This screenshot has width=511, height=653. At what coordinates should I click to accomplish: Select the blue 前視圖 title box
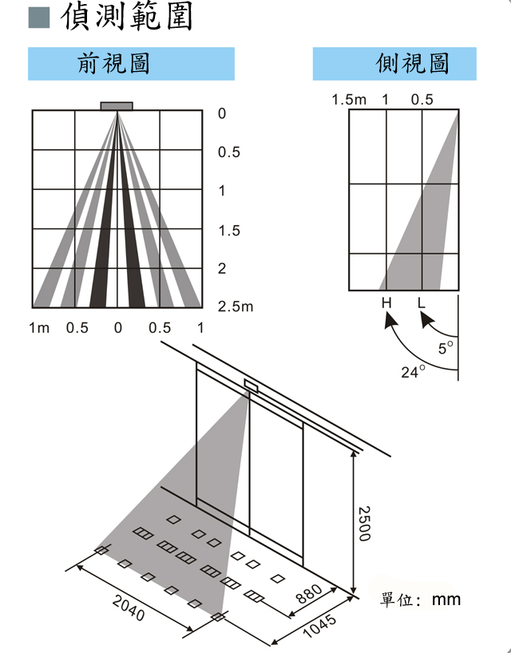pyautogui.click(x=131, y=64)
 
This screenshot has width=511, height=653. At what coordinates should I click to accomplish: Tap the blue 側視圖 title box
pyautogui.click(x=394, y=64)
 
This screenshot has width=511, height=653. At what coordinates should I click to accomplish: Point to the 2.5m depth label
pyautogui.click(x=236, y=307)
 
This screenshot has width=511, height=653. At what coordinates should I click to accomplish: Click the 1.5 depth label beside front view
pyautogui.click(x=229, y=231)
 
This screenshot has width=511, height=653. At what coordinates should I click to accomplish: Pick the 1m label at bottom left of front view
pyautogui.click(x=39, y=328)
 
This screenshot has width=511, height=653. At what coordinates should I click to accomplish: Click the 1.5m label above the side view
pyautogui.click(x=349, y=100)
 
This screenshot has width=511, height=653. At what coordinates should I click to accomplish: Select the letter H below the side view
pyautogui.click(x=386, y=303)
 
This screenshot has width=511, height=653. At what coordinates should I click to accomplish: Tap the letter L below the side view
pyautogui.click(x=421, y=303)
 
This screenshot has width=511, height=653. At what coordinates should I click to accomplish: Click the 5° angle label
pyautogui.click(x=446, y=347)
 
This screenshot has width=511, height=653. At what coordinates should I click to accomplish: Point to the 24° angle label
pyautogui.click(x=413, y=371)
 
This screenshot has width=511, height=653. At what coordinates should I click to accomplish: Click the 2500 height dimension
pyautogui.click(x=363, y=523)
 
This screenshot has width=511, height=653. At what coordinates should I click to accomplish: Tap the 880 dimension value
pyautogui.click(x=308, y=595)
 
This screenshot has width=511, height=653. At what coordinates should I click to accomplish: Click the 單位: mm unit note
pyautogui.click(x=421, y=600)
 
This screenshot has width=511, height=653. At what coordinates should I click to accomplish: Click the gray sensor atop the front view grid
pyautogui.click(x=117, y=106)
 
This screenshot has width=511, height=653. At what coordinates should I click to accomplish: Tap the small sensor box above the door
pyautogui.click(x=251, y=386)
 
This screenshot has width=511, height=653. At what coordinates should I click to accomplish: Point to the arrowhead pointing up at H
pyautogui.click(x=388, y=319)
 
